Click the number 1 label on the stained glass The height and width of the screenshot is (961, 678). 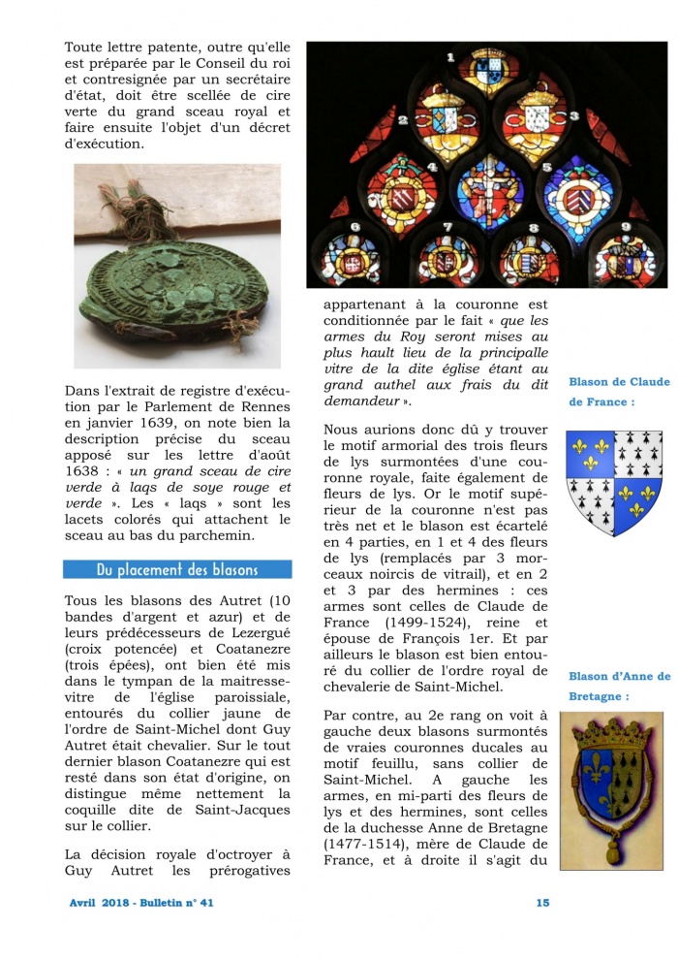[450, 57]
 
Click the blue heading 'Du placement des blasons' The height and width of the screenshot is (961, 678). [177, 569]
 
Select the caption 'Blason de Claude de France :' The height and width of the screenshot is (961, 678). [619, 392]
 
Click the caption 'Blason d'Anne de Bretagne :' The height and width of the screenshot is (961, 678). [619, 687]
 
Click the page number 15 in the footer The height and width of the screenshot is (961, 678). [542, 902]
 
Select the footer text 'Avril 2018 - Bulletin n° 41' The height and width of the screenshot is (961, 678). [141, 902]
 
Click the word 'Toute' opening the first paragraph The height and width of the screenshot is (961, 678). [87, 47]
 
